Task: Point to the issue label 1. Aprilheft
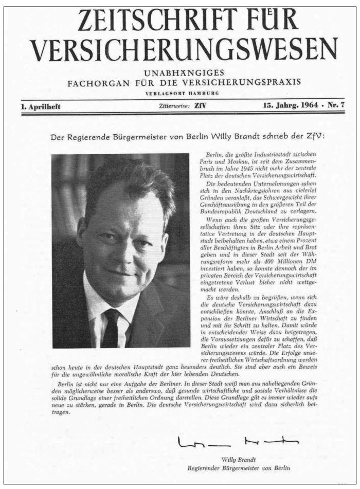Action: click(41, 106)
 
